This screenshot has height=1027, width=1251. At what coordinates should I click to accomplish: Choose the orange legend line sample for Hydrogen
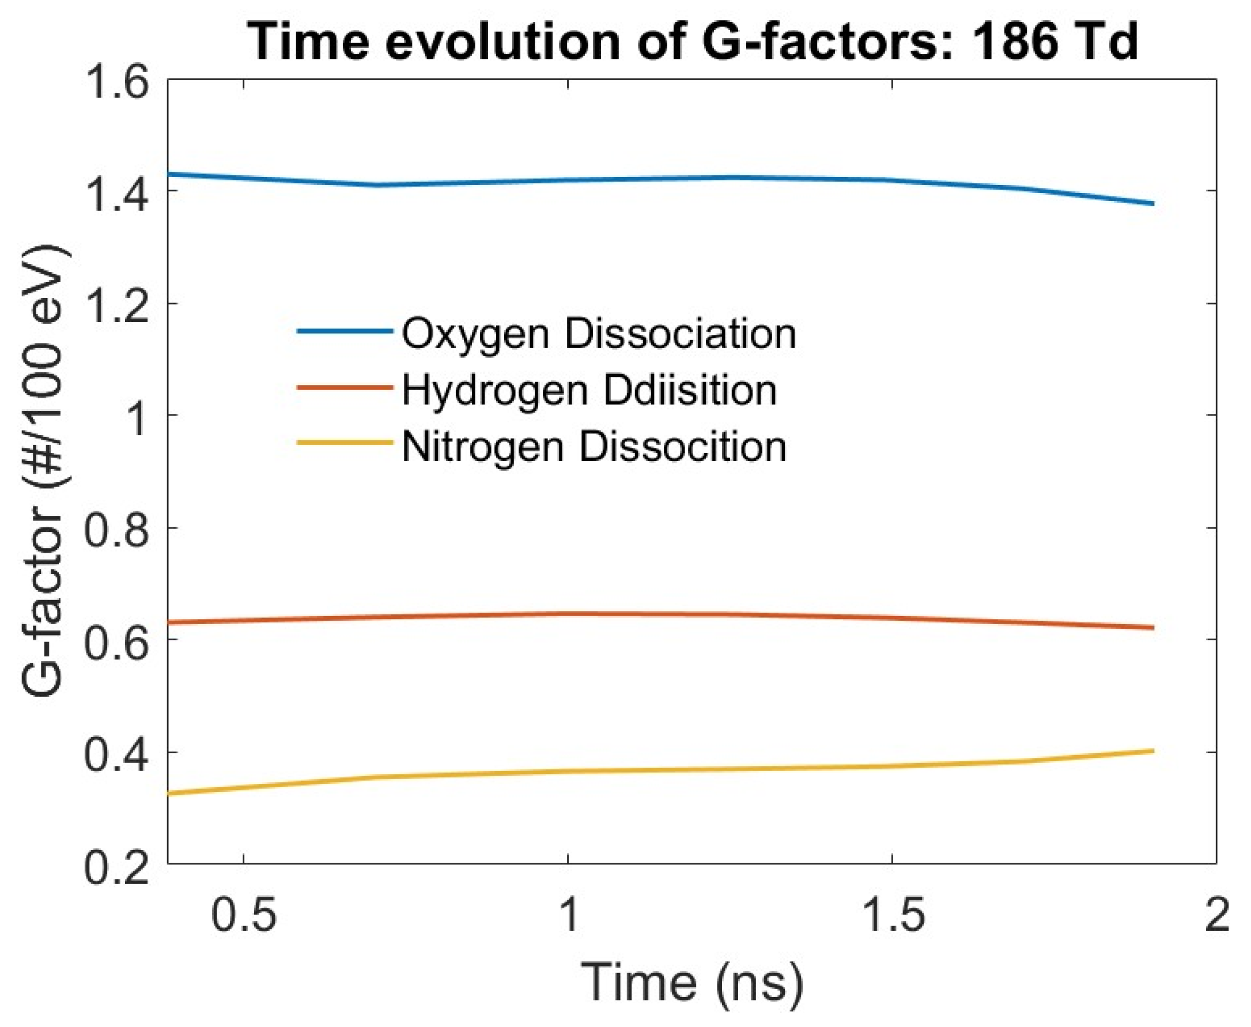345,388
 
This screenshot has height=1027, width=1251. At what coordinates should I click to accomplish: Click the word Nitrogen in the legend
483,447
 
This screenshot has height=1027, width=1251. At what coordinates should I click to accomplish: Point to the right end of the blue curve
1153,203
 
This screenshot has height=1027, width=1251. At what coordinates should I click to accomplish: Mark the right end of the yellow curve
1153,751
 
